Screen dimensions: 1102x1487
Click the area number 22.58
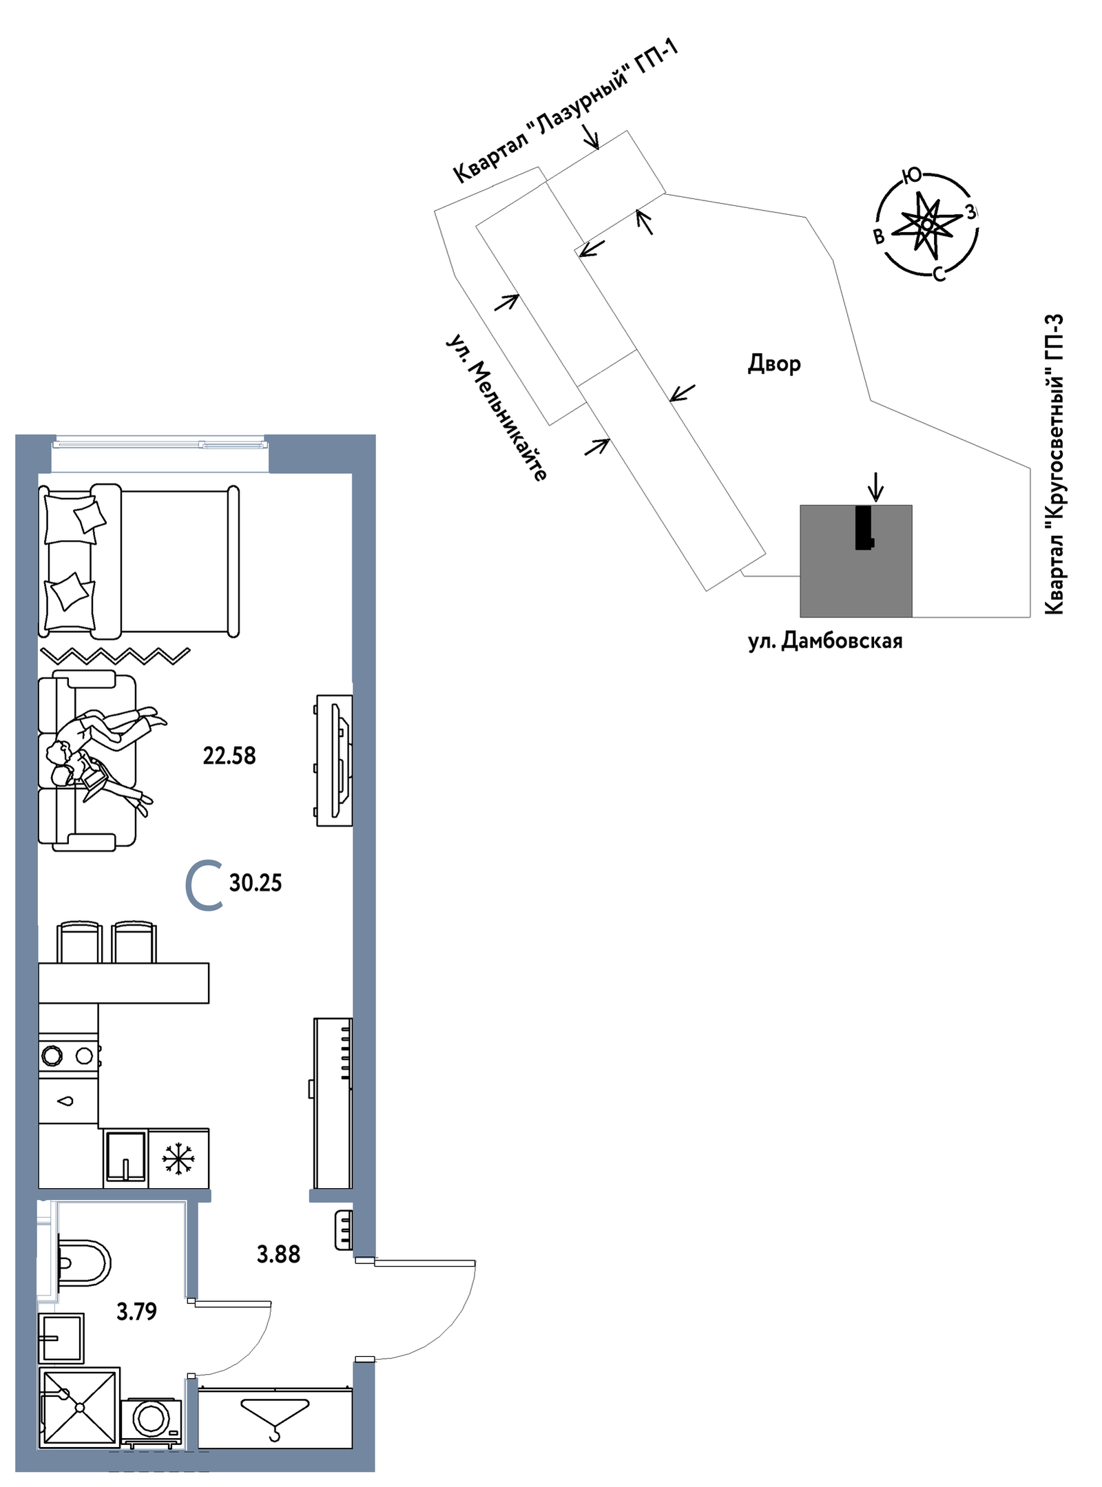(x=229, y=756)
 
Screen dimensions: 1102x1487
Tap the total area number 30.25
(x=255, y=882)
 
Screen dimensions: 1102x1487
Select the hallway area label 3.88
(x=278, y=1254)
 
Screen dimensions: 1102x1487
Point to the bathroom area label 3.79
(x=136, y=1311)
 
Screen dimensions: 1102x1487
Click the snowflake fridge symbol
(x=178, y=1158)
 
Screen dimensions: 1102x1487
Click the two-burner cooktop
(x=68, y=1055)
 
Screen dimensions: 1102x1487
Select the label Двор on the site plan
(x=774, y=363)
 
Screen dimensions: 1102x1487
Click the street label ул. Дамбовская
(x=825, y=641)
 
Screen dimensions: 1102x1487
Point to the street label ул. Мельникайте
(x=497, y=408)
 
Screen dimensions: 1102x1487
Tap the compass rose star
(x=927, y=223)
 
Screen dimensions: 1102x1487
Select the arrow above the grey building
(x=875, y=486)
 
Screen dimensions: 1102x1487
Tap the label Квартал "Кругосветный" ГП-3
(x=1054, y=464)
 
